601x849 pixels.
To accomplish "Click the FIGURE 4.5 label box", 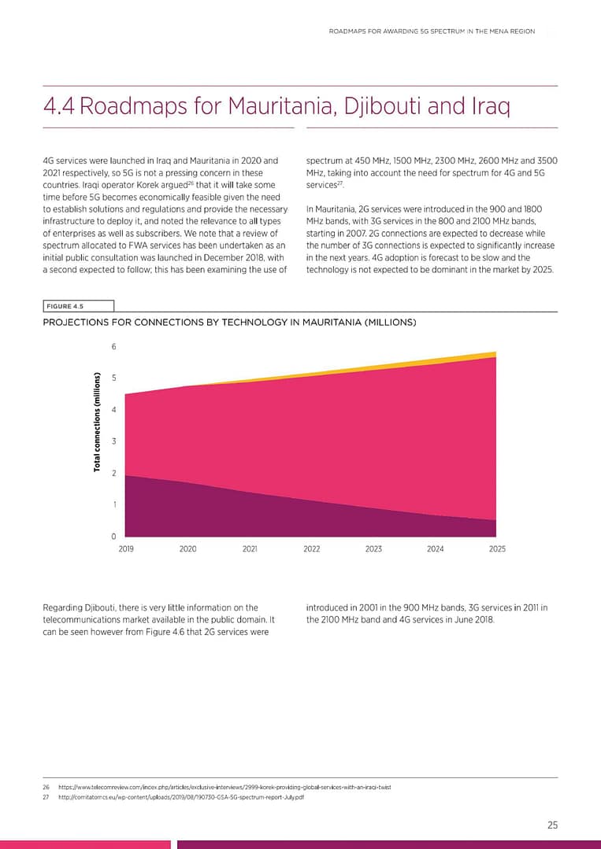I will pyautogui.click(x=78, y=306).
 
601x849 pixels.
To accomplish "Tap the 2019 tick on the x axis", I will pyautogui.click(x=126, y=549).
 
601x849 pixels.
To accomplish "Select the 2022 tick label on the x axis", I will pyautogui.click(x=312, y=549).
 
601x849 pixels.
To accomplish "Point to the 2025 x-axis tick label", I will pyautogui.click(x=497, y=549).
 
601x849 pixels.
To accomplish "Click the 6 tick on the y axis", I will pyautogui.click(x=113, y=347).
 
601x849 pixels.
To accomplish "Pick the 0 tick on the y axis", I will pyautogui.click(x=113, y=537).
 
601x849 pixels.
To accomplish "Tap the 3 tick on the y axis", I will pyautogui.click(x=113, y=441).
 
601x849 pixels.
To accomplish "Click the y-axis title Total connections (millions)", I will pyautogui.click(x=97, y=422).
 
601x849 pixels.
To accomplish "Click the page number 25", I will pyautogui.click(x=552, y=825).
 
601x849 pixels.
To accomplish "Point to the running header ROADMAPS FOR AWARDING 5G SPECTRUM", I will pyautogui.click(x=432, y=31).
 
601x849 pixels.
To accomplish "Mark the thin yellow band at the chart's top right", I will pyautogui.click(x=480, y=356).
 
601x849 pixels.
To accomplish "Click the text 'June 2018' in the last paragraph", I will pyautogui.click(x=473, y=619).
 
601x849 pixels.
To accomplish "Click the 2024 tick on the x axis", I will pyautogui.click(x=436, y=549).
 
